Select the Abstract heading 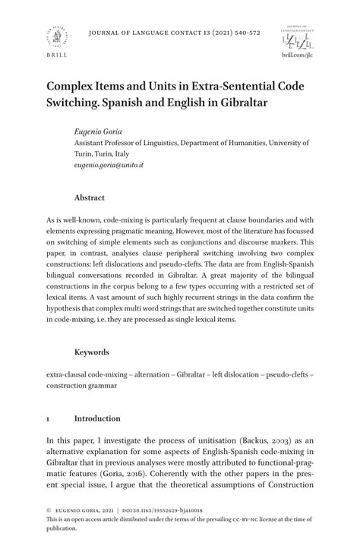[x=89, y=197]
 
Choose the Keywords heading [x=91, y=352]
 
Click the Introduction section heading [x=97, y=418]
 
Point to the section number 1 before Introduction [x=47, y=418]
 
